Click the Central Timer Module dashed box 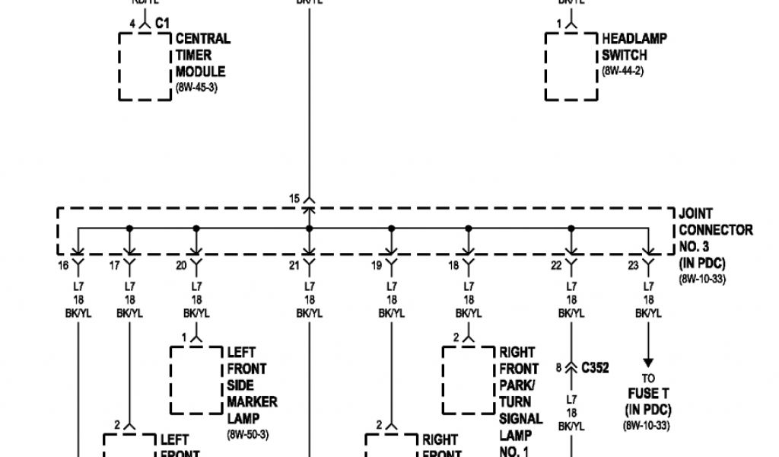tap(145, 66)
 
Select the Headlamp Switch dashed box tap(571, 66)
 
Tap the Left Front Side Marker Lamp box tap(196, 379)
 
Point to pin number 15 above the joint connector tap(294, 199)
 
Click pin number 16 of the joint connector tap(63, 266)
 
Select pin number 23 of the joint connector tap(633, 266)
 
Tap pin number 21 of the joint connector tap(294, 266)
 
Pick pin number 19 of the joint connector tap(376, 266)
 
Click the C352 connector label tap(595, 368)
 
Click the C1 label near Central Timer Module tap(161, 24)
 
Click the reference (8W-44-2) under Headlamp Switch tap(623, 72)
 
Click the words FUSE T tap(647, 395)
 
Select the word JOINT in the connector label tap(696, 215)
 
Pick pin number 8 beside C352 tap(558, 368)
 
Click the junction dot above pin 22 tap(571, 228)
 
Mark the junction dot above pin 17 tap(130, 228)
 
